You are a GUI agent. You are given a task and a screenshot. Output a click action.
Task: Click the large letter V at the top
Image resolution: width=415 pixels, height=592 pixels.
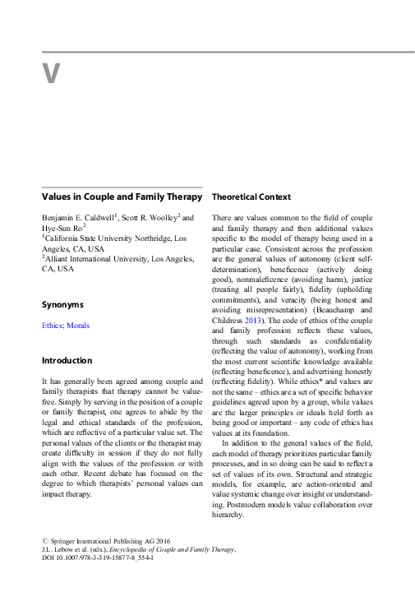[51, 73]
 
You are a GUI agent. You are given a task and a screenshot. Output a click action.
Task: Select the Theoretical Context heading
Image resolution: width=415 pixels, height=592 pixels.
[251, 197]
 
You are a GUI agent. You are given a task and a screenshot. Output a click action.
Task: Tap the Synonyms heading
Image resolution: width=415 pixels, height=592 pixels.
[62, 304]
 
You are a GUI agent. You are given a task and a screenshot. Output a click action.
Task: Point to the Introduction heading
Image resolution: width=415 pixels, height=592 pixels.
[67, 360]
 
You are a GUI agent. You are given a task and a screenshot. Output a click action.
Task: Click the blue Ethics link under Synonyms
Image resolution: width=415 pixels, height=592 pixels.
[53, 326]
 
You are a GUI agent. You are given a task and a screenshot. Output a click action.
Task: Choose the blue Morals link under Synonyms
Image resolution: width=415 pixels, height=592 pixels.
[78, 326]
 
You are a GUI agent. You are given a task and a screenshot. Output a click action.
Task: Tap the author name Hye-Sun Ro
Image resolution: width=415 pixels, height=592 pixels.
[62, 229]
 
